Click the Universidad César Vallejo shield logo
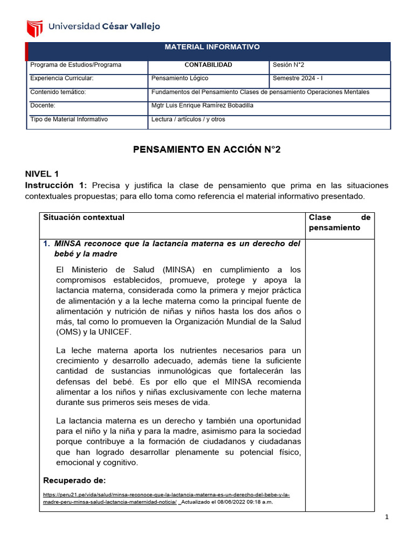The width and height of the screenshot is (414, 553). (x=34, y=27)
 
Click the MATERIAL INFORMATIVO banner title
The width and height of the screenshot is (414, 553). (x=212, y=47)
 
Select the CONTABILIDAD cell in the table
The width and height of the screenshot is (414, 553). (x=208, y=65)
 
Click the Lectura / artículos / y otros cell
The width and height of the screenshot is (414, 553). (x=189, y=119)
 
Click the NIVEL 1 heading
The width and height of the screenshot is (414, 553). (x=42, y=174)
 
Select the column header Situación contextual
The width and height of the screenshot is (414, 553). (x=84, y=217)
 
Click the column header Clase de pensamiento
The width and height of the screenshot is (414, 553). (x=339, y=222)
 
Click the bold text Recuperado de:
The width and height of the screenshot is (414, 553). (x=74, y=480)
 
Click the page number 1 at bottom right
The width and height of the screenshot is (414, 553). (x=387, y=517)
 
